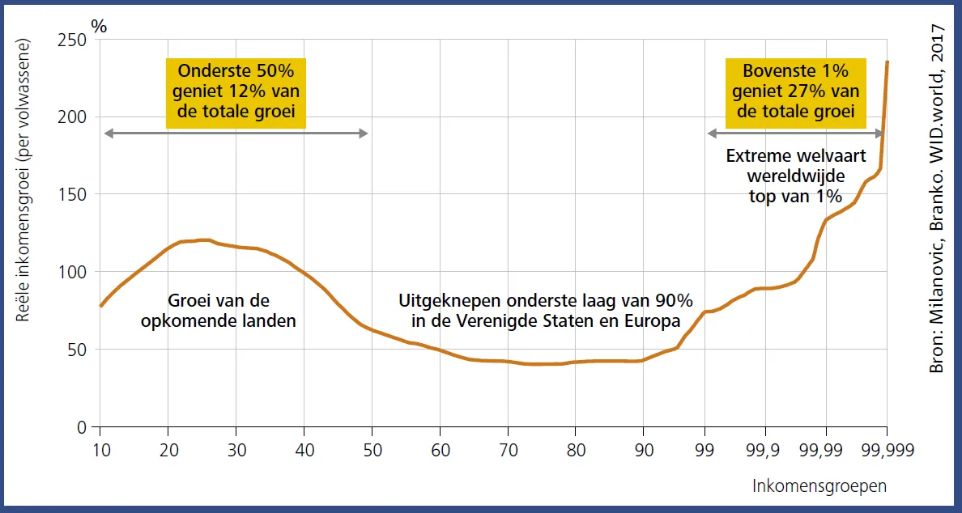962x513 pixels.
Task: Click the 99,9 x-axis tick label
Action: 765,450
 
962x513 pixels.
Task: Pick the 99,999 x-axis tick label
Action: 888,450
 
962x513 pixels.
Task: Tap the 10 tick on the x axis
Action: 100,450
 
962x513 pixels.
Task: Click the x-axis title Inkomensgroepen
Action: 819,486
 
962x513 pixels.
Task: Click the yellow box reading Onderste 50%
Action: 236,93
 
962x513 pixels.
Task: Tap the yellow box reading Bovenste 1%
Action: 795,93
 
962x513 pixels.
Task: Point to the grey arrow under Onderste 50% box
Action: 236,133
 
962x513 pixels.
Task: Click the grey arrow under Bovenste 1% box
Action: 796,133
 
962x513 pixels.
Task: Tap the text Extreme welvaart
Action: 796,157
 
